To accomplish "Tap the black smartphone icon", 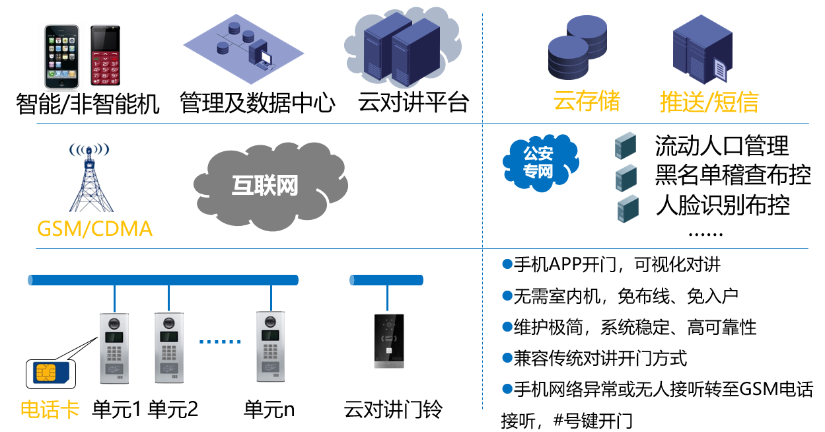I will (61, 56).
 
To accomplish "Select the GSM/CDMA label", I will (94, 229).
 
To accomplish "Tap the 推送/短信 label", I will (709, 102).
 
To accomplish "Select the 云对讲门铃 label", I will (393, 410).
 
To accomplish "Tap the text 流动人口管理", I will (721, 145).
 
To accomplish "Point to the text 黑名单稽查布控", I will (733, 176).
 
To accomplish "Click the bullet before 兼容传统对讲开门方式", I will (507, 358).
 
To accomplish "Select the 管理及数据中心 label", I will (258, 104).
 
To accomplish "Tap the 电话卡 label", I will (50, 410).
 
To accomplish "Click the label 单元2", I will (172, 410).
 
